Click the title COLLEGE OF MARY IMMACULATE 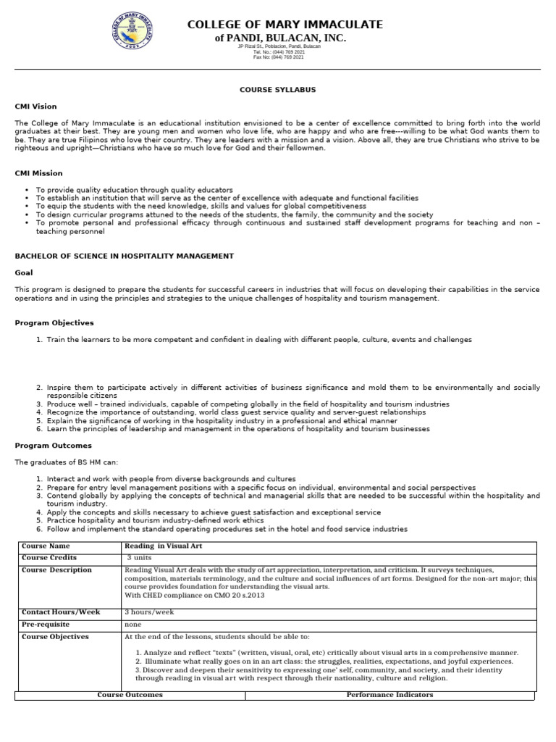(285, 25)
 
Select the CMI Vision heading (35, 107)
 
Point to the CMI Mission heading (38, 173)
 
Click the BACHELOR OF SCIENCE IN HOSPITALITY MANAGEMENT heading (125, 256)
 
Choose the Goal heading (24, 273)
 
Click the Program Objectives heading (54, 322)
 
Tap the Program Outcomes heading (54, 446)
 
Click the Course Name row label (46, 546)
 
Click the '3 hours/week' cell (149, 612)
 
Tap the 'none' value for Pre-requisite (132, 625)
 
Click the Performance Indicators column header (389, 695)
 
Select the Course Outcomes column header (130, 695)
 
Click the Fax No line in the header (278, 57)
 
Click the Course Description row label (56, 570)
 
